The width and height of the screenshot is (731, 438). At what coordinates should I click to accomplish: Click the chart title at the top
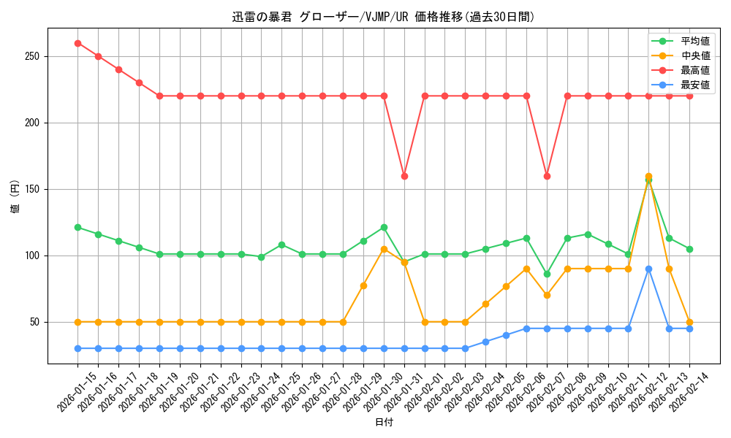point(384,17)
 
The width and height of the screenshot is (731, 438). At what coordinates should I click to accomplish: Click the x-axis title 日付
point(384,423)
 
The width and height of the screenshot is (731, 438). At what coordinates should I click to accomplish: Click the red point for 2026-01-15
point(77,43)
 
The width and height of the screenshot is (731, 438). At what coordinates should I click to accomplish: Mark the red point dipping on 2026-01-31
point(404,176)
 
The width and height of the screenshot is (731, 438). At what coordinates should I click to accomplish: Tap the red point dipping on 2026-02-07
point(547,176)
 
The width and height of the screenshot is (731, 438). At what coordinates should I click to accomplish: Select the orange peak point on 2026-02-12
point(648,176)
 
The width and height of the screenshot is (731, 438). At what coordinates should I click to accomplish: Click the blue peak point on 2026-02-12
point(648,269)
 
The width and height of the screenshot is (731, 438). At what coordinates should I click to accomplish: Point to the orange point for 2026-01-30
point(384,249)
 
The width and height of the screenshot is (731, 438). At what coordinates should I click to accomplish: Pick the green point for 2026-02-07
point(547,274)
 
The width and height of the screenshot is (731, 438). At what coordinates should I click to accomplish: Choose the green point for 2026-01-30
point(384,227)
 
